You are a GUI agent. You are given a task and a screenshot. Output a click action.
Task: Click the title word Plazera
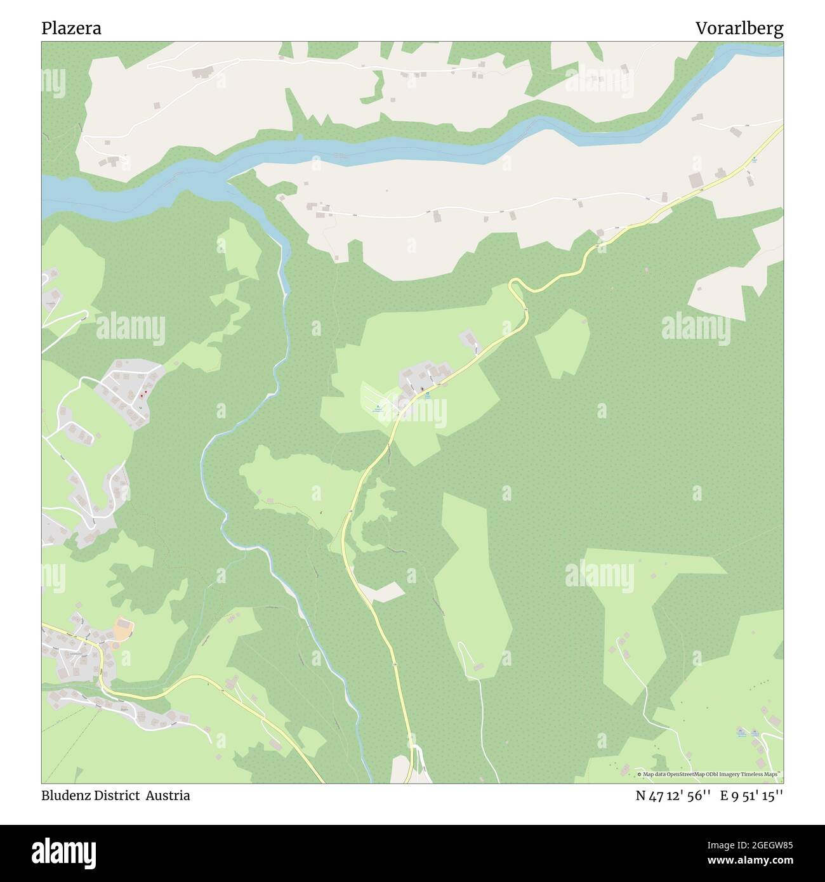pos(71,29)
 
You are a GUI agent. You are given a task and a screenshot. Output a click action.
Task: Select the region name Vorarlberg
pos(739,29)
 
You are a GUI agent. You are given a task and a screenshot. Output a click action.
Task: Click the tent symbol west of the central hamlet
pos(378,407)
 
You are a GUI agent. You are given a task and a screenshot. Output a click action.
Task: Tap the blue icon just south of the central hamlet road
pos(427,395)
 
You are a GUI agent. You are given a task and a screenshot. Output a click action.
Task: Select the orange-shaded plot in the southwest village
pos(122,630)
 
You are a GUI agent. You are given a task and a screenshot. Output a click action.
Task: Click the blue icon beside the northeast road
pos(754,159)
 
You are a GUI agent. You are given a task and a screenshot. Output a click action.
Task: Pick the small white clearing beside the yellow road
pos(383,591)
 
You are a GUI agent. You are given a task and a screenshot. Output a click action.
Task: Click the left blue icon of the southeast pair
pos(740,732)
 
